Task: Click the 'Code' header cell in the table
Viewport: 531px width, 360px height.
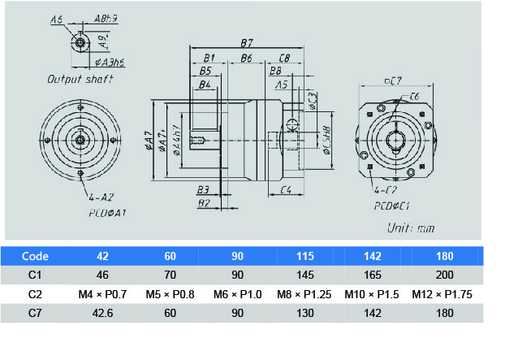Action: [x=36, y=254]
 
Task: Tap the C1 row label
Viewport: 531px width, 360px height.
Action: [x=36, y=274]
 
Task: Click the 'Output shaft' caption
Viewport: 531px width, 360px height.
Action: [x=80, y=80]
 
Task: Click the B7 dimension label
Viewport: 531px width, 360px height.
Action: [x=247, y=42]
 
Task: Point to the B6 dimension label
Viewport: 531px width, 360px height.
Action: [x=246, y=59]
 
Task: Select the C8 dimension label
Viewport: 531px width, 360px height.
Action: [x=284, y=59]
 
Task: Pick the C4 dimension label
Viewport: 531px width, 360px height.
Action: [x=286, y=190]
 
